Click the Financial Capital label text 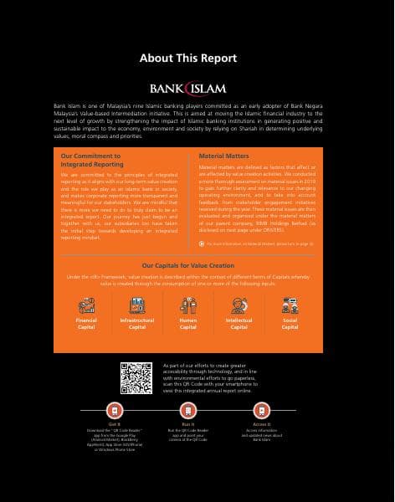[x=86, y=324]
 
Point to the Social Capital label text [x=290, y=324]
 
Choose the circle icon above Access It [x=261, y=412]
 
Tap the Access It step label [x=261, y=425]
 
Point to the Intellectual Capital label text [x=239, y=324]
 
